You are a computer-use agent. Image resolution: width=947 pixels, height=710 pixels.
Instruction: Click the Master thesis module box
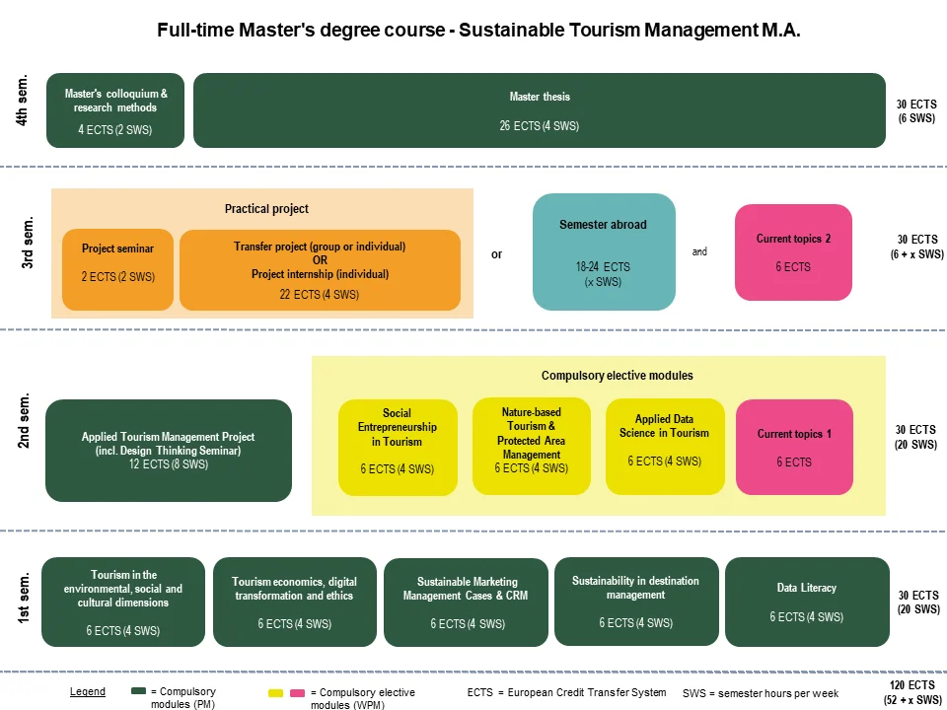coord(540,110)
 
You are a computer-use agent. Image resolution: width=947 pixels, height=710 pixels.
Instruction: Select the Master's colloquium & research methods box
coord(115,110)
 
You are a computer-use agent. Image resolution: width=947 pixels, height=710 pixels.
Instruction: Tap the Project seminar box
coord(117,262)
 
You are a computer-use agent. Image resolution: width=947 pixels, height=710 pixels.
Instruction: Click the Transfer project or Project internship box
coord(320,269)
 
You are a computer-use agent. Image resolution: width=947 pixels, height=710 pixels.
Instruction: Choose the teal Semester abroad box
coord(604,251)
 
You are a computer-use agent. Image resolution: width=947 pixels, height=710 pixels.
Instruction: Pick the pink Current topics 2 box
coord(793,252)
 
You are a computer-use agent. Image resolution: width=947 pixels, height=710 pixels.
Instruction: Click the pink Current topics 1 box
coord(794,447)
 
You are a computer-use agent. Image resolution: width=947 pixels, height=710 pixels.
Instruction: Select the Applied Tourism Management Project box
coord(169,451)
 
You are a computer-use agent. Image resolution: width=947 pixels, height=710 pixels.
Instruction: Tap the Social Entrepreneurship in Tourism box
coord(398,447)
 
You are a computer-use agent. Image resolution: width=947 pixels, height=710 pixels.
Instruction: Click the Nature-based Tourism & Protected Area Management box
coord(531,447)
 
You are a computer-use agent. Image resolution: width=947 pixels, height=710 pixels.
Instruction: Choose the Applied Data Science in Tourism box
coord(664,447)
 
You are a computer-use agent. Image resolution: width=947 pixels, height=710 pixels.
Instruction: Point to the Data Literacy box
coord(807,602)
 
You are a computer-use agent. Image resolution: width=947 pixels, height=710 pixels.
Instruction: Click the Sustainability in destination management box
coord(635,602)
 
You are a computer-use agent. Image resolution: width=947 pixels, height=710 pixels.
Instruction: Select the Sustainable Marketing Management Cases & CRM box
coord(466,603)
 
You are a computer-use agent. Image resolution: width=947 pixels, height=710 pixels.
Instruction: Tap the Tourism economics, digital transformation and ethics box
coord(294,603)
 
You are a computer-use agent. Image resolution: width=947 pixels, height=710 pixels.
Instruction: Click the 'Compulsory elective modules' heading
coord(617,376)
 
